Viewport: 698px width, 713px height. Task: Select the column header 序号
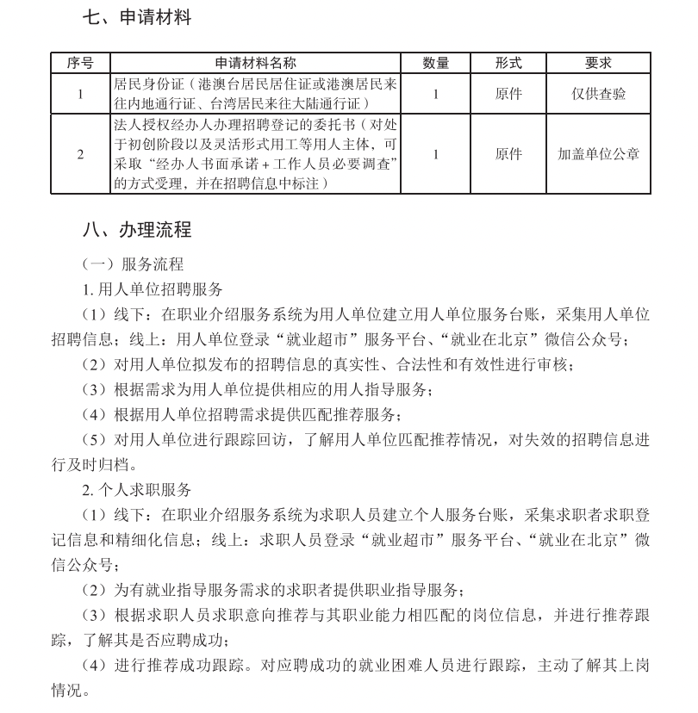(80, 63)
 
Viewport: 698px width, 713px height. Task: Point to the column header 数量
(436, 63)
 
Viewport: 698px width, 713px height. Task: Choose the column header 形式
(508, 63)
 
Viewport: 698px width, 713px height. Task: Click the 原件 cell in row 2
(508, 155)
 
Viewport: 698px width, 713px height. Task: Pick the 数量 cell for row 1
(436, 94)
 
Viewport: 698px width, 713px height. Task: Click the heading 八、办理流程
(137, 230)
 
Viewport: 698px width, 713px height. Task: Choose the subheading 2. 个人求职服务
(137, 489)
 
